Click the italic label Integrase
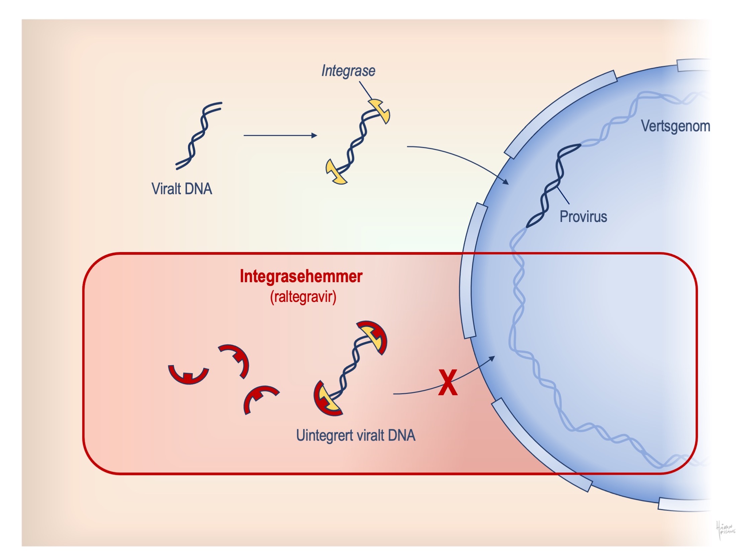point(348,71)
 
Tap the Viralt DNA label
point(182,189)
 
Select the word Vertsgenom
point(675,126)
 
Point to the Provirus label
point(583,217)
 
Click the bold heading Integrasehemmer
point(301,276)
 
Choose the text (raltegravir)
point(303,297)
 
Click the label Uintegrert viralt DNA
point(356,436)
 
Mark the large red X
point(448,383)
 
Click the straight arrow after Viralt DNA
point(280,135)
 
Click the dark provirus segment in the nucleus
point(553,186)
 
